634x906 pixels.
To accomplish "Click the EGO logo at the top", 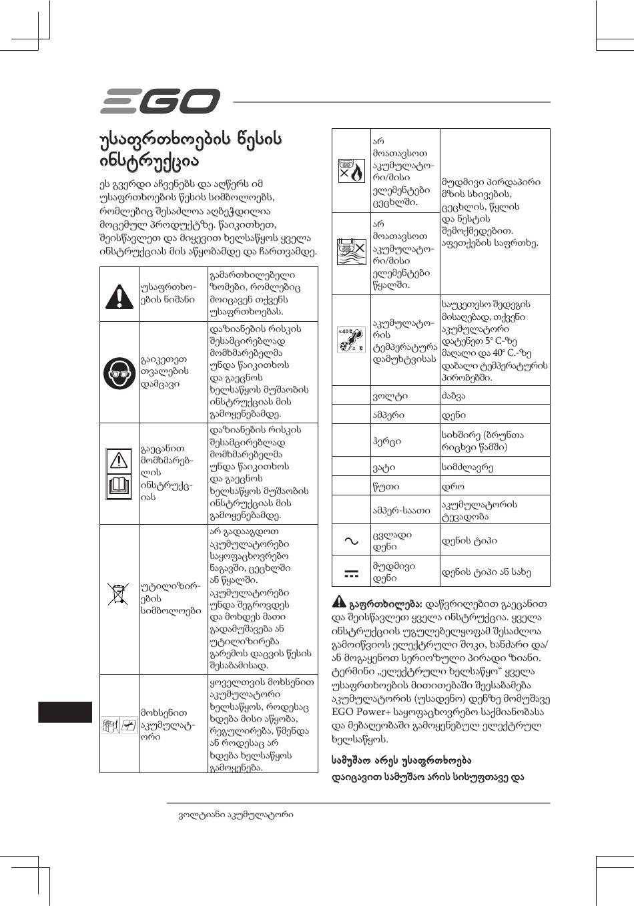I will click(160, 102).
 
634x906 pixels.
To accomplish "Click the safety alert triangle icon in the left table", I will click(119, 294).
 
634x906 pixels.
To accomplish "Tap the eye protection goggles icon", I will click(119, 371).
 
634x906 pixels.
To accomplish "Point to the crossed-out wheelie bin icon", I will click(119, 592).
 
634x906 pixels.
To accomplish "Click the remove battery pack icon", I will click(119, 724).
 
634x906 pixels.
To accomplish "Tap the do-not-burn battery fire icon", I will click(351, 170).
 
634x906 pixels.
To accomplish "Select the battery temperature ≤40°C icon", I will click(351, 340).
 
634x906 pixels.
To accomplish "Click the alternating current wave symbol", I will click(351, 541).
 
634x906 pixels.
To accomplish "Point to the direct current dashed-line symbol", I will click(351, 572).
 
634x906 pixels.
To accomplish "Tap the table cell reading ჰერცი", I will click(387, 441).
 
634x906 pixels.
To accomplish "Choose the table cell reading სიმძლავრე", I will click(468, 467).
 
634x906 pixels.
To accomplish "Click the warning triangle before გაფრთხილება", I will click(339, 600).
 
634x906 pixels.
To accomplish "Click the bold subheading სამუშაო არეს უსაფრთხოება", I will click(402, 760).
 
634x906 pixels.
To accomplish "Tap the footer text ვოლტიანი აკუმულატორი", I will click(236, 815).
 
